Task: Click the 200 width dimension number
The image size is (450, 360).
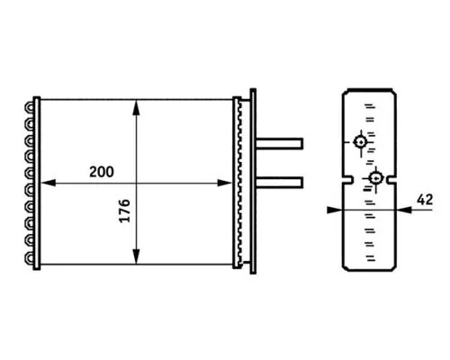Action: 103,171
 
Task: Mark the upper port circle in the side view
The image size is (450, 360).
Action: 361,141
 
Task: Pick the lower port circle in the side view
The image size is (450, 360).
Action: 376,178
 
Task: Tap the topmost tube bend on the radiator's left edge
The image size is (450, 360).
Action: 33,105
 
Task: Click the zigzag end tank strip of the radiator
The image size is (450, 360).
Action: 238,180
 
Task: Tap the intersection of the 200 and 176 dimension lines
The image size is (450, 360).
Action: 136,183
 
